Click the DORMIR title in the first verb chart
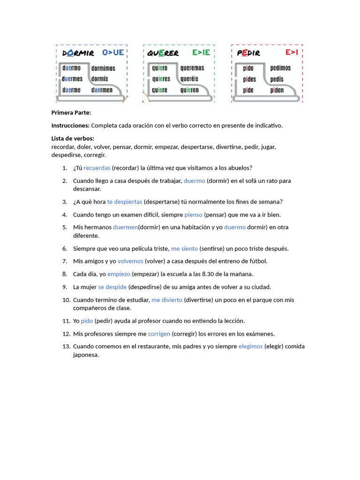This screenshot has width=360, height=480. [x=78, y=53]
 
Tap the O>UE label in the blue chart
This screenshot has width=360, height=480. [x=113, y=52]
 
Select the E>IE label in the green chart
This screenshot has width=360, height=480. [x=201, y=52]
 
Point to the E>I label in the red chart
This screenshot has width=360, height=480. [x=292, y=52]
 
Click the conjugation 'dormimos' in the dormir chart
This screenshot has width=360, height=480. [x=103, y=68]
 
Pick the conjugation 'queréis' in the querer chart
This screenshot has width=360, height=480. [x=189, y=79]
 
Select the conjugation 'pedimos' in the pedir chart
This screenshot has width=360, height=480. [x=280, y=68]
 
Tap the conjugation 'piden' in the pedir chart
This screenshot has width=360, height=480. [x=277, y=90]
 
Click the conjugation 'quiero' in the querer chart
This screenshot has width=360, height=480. [x=159, y=68]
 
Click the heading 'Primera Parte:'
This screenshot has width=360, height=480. [x=71, y=112]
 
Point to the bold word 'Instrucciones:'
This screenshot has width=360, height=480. [x=70, y=126]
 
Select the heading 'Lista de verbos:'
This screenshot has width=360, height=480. [x=73, y=138]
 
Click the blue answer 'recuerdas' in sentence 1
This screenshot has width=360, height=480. [x=97, y=168]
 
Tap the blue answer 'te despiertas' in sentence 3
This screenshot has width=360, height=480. [x=124, y=202]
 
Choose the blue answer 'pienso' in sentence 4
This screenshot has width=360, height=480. [x=193, y=215]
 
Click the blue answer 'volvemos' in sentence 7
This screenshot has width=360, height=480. [x=130, y=261]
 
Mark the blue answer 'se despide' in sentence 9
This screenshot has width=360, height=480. [x=112, y=287]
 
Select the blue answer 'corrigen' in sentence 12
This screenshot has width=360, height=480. [x=159, y=334]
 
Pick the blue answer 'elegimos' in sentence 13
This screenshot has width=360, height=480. [x=250, y=346]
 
